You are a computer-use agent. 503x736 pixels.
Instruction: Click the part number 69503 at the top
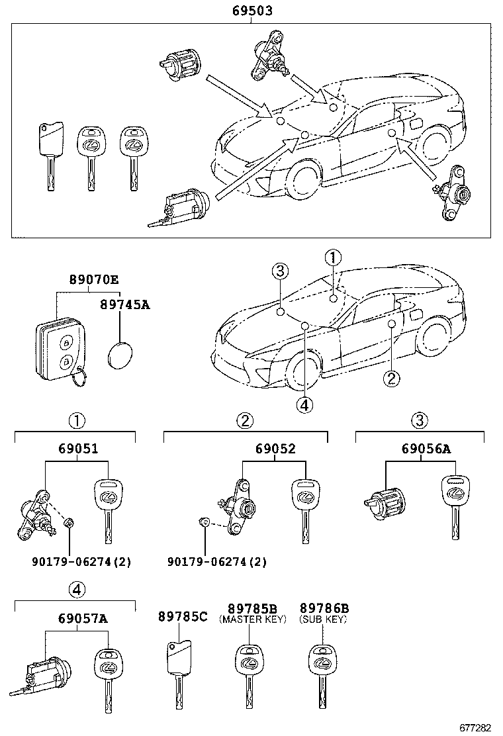coord(251,11)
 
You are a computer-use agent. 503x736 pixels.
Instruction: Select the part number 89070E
coord(94,280)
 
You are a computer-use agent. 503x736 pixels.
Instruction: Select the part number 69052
coord(275,448)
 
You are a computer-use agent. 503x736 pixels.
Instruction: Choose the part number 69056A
coord(426,448)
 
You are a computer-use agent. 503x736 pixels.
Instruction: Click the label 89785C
coord(183,616)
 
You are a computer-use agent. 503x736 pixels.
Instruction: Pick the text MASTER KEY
coord(252,620)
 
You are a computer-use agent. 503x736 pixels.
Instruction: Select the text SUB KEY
coord(324,620)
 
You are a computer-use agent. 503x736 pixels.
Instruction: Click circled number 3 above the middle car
coord(281,270)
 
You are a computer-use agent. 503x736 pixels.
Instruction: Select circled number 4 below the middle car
coord(304,405)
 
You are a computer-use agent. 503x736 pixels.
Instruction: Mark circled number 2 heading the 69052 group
coord(246,420)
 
